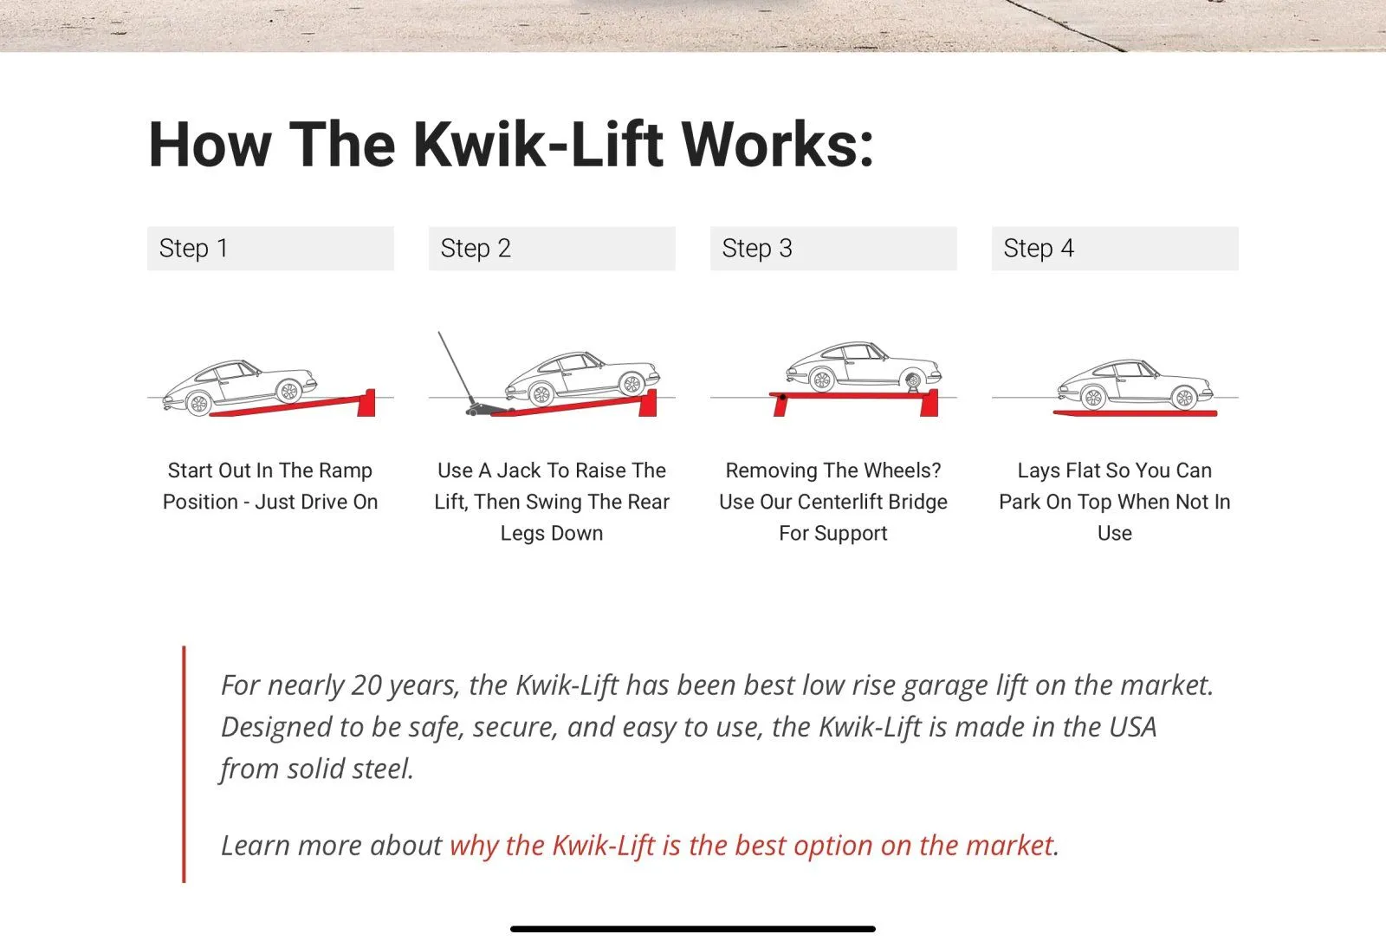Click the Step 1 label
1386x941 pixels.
(194, 249)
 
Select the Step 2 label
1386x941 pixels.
(476, 249)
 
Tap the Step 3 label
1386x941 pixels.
(757, 249)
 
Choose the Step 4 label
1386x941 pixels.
(1039, 249)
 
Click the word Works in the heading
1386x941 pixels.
(777, 144)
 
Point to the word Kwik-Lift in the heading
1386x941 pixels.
(538, 144)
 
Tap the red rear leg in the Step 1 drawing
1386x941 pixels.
(366, 402)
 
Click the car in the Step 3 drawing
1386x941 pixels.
(864, 366)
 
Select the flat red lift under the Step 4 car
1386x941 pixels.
(1135, 413)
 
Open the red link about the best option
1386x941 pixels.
(752, 846)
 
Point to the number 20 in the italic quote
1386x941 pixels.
(366, 685)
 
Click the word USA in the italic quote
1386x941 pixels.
(1132, 727)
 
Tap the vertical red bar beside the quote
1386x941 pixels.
(184, 764)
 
